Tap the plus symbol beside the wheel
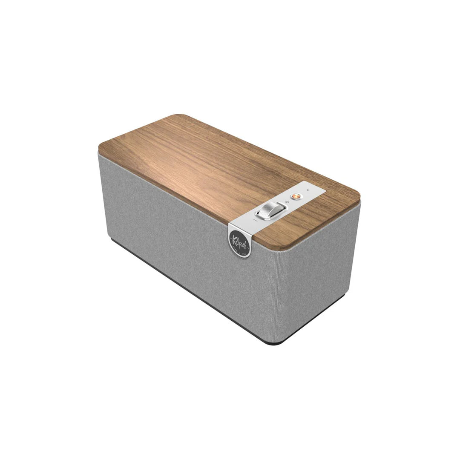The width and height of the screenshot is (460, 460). (287, 202)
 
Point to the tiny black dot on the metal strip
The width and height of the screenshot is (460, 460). (308, 190)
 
